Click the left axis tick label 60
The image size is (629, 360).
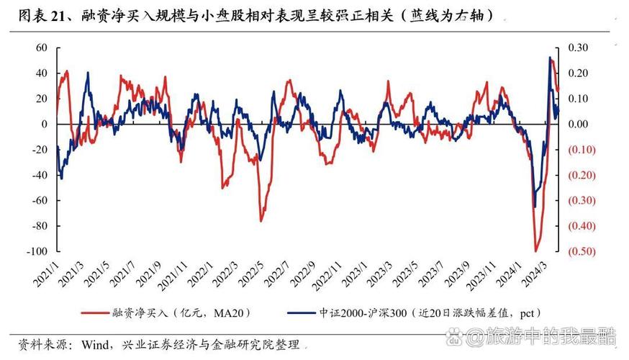click(41, 48)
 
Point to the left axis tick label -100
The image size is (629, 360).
click(37, 251)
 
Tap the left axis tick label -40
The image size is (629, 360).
click(39, 175)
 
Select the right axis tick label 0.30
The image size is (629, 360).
click(578, 48)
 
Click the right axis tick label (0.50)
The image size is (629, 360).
click(581, 251)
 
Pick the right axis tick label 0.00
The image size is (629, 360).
click(578, 124)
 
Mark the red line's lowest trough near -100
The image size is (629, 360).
click(535, 251)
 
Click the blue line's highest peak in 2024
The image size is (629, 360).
click(550, 58)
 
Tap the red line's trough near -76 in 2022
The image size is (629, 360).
click(261, 220)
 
